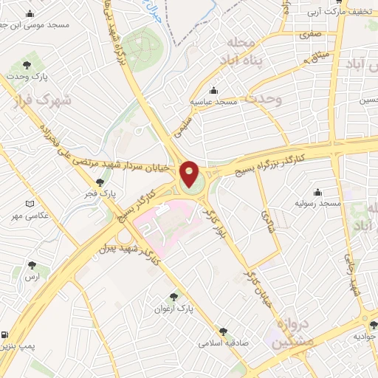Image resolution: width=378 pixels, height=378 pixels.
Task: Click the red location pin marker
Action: pos(190,174)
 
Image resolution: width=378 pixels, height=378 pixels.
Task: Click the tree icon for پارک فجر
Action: pos(100,182)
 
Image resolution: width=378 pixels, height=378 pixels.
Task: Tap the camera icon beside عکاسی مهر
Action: pos(30,204)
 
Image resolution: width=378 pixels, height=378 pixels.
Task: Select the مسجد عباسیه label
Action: pos(214,100)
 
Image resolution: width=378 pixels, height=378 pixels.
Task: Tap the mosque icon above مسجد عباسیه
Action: pos(214,89)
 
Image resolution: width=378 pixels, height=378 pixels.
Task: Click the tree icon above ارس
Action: pos(31,264)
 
